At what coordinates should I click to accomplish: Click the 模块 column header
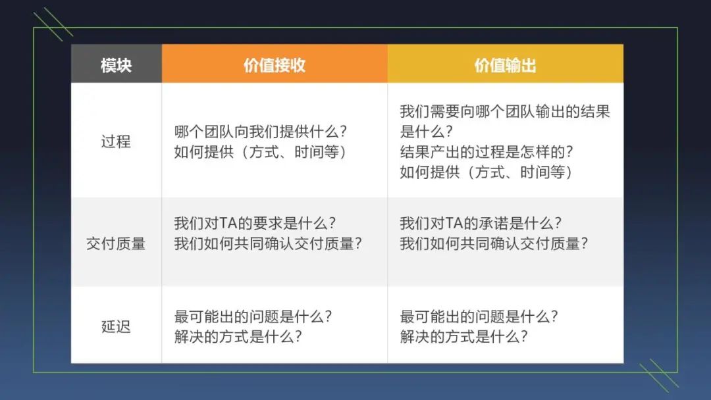point(116,65)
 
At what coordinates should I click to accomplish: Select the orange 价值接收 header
point(274,65)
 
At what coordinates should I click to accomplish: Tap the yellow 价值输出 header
point(505,65)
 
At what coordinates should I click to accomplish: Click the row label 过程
point(116,141)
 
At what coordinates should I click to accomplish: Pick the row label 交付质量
point(116,243)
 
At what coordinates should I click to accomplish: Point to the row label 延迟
point(116,326)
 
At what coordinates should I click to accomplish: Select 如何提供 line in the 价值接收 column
point(260,152)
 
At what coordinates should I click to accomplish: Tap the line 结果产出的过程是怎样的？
point(487,152)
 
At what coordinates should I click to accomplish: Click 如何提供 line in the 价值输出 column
point(487,172)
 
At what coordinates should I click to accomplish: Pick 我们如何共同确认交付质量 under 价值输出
point(494,243)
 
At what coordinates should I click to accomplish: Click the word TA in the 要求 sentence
point(226,223)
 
